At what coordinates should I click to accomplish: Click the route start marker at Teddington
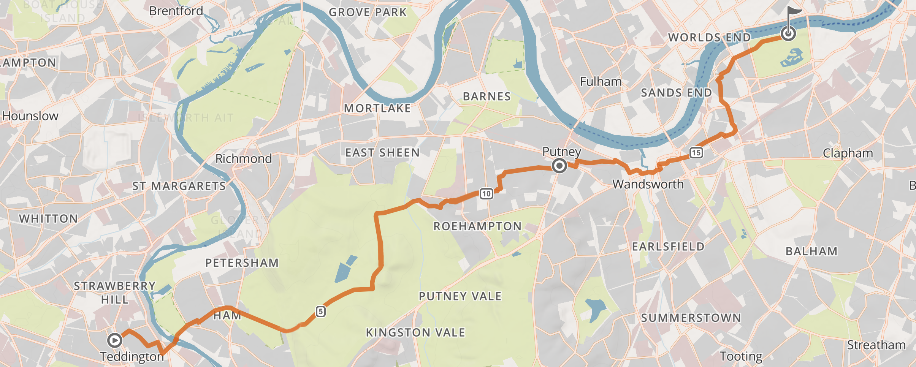114,340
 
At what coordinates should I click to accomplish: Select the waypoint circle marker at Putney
559,166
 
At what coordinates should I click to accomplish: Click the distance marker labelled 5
321,312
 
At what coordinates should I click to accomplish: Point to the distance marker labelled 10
486,194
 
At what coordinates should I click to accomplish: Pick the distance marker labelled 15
696,153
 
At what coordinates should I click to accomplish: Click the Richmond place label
244,158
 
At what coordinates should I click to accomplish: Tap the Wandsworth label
648,184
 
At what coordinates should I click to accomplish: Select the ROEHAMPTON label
477,226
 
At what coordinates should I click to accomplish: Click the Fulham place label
601,81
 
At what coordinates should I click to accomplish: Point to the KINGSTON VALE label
415,333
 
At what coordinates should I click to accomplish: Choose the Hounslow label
30,116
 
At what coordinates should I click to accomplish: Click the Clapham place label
848,153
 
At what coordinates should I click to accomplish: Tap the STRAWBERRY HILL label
114,293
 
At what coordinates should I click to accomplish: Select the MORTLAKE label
377,109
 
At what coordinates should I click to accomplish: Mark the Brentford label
176,11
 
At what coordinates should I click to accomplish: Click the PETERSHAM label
242,263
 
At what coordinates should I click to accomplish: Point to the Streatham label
876,345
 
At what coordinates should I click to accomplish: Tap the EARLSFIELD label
668,247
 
